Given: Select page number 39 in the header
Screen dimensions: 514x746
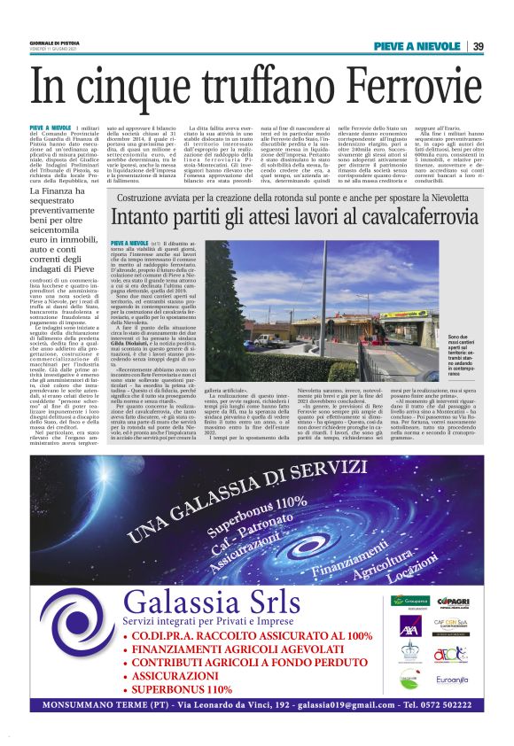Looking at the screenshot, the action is pos(478,46).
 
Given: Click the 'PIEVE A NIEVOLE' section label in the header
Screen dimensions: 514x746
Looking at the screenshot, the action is pos(417,46).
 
